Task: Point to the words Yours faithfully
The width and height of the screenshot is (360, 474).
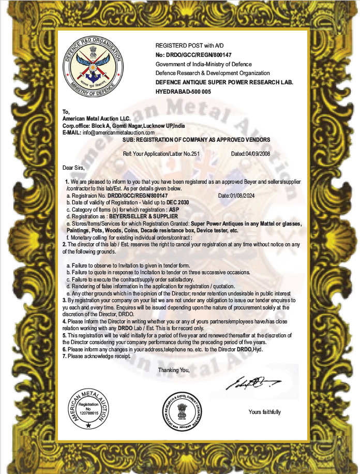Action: (264, 412)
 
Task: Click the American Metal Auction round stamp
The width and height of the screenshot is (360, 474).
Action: (88, 409)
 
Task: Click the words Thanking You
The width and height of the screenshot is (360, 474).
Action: (174, 370)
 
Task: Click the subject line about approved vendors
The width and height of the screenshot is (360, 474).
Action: (196, 140)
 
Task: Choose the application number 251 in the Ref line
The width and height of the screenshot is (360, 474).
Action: (195, 154)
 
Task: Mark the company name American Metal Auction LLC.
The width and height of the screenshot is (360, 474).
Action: (97, 119)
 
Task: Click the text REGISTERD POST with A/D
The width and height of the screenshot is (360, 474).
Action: (189, 46)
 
